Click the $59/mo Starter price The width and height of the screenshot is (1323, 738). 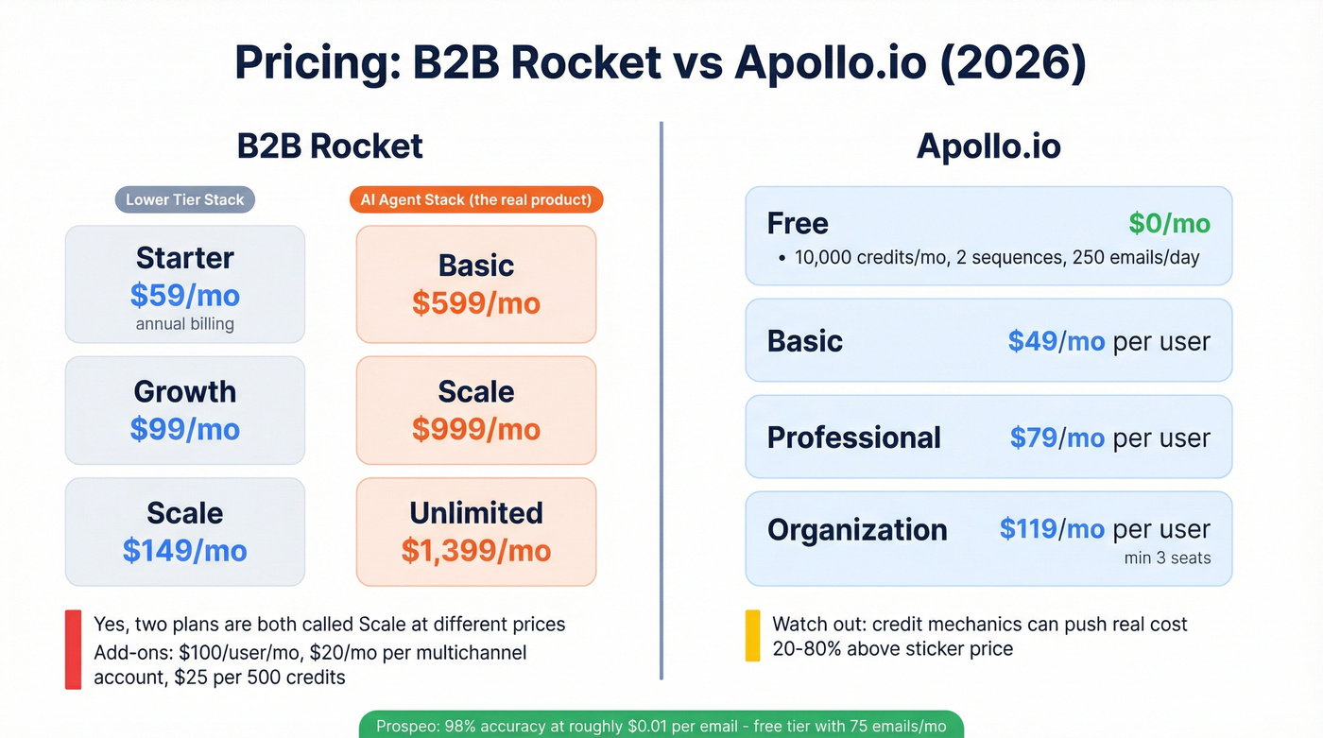coord(185,296)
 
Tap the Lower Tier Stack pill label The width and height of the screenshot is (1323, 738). coord(185,199)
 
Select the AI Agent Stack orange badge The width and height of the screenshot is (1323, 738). coord(476,199)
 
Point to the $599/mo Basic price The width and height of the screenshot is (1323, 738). coord(476,303)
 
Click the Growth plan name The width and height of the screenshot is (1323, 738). coord(185,391)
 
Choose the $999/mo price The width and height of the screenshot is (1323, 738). coord(476,429)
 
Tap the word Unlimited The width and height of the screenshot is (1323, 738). coord(476,513)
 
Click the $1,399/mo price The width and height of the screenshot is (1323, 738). coord(476,551)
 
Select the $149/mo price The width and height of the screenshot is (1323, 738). coord(185,551)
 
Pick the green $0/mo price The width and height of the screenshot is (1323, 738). coord(1169,223)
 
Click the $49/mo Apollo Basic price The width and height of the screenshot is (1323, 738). coord(1057,341)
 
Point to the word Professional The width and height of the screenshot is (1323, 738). coord(854,438)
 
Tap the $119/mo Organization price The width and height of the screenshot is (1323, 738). coord(1052,529)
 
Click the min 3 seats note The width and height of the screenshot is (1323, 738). coord(1167,558)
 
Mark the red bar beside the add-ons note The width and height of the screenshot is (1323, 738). coord(73,649)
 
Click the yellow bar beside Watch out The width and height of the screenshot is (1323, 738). coord(753,635)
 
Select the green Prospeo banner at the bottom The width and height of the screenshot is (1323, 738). coord(661,725)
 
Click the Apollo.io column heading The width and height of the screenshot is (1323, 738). coord(988,146)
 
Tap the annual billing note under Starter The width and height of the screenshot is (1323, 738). coord(185,324)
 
